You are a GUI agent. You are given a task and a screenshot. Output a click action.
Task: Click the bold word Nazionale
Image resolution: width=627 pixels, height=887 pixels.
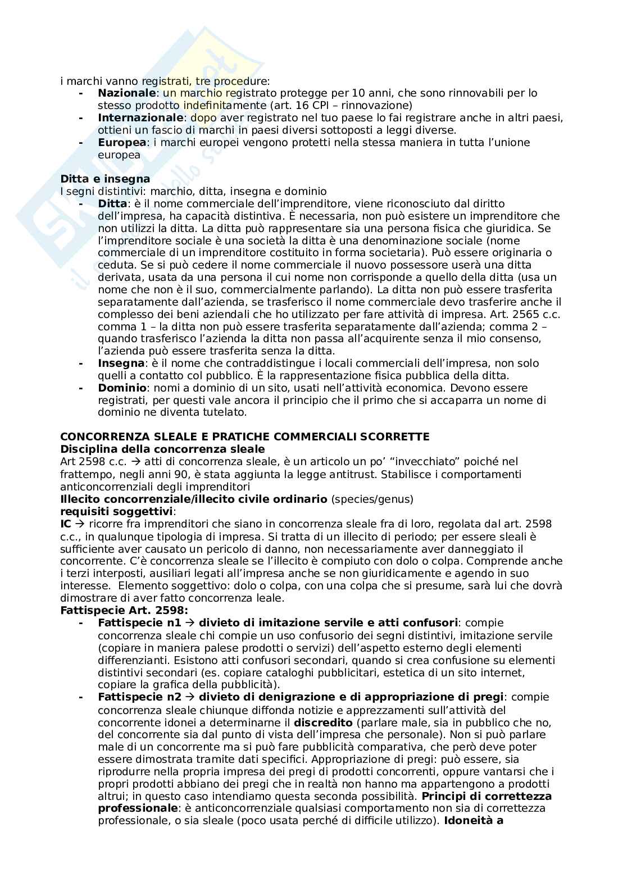(126, 93)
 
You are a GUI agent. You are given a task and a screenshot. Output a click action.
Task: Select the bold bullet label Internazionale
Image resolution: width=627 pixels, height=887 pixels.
(140, 117)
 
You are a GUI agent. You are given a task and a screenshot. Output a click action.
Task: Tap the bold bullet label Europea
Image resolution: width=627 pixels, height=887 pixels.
(122, 142)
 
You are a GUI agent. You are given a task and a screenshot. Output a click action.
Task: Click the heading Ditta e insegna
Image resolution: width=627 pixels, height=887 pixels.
(105, 179)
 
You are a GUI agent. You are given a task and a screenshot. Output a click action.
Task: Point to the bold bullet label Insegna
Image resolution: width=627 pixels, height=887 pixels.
(121, 363)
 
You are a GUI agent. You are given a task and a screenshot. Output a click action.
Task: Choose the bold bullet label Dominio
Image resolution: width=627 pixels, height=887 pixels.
(122, 388)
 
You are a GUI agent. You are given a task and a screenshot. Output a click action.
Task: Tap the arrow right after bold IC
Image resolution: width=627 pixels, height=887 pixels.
(79, 524)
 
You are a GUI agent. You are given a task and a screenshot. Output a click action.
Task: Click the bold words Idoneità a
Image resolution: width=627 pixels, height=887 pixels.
(473, 821)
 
